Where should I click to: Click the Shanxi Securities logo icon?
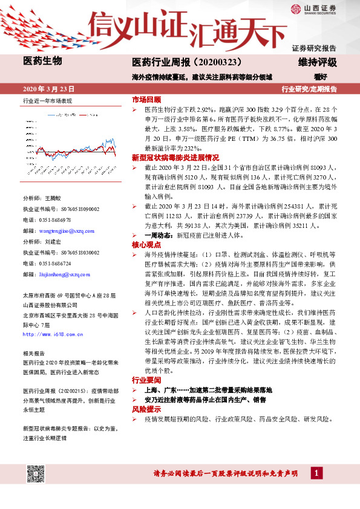(295, 9)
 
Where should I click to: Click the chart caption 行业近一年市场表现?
(47, 101)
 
